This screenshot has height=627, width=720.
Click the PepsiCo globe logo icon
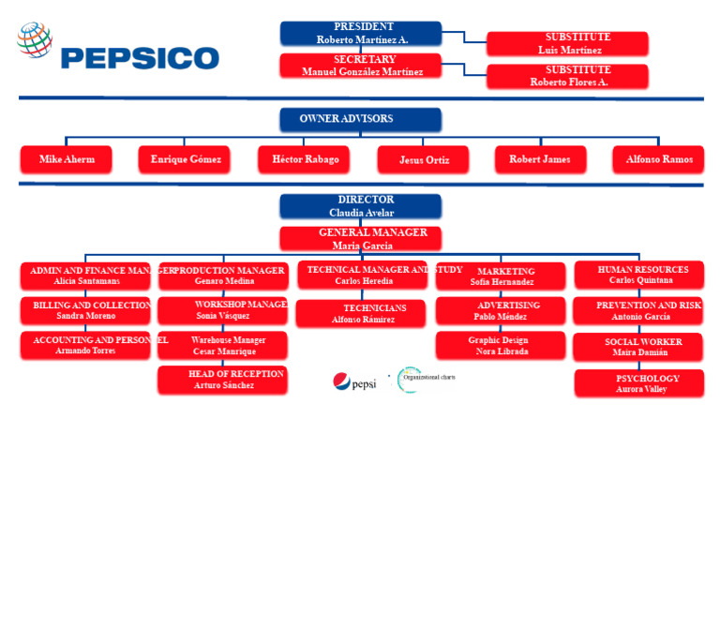coord(35,40)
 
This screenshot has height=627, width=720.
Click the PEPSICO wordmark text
coord(140,58)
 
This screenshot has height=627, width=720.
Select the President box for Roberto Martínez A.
coord(361,34)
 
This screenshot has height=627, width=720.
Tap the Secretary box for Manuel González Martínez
coord(361,66)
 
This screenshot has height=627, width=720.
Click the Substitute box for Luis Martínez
coord(567,44)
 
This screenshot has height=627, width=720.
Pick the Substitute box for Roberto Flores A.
coord(567,76)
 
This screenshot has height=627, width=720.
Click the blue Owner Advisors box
coord(360,119)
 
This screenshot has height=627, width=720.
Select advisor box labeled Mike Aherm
coord(67,159)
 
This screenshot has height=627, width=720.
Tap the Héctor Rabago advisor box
coord(304,159)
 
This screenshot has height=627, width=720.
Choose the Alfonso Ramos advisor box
coord(658,159)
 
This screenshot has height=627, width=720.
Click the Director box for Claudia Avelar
coord(360,206)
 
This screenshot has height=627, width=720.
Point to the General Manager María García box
coord(360,239)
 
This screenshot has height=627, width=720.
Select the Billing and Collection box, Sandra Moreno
coord(85,311)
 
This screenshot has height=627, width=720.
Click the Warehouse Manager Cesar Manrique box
coord(223,346)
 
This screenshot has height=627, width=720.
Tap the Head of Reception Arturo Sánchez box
coord(223,380)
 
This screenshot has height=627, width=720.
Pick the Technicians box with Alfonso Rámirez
coord(361,314)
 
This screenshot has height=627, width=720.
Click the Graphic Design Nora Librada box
coord(501,346)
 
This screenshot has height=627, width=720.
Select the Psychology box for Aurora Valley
coord(638,383)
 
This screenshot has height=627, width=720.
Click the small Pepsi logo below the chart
coord(354,382)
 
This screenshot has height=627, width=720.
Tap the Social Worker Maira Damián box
coord(638,348)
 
